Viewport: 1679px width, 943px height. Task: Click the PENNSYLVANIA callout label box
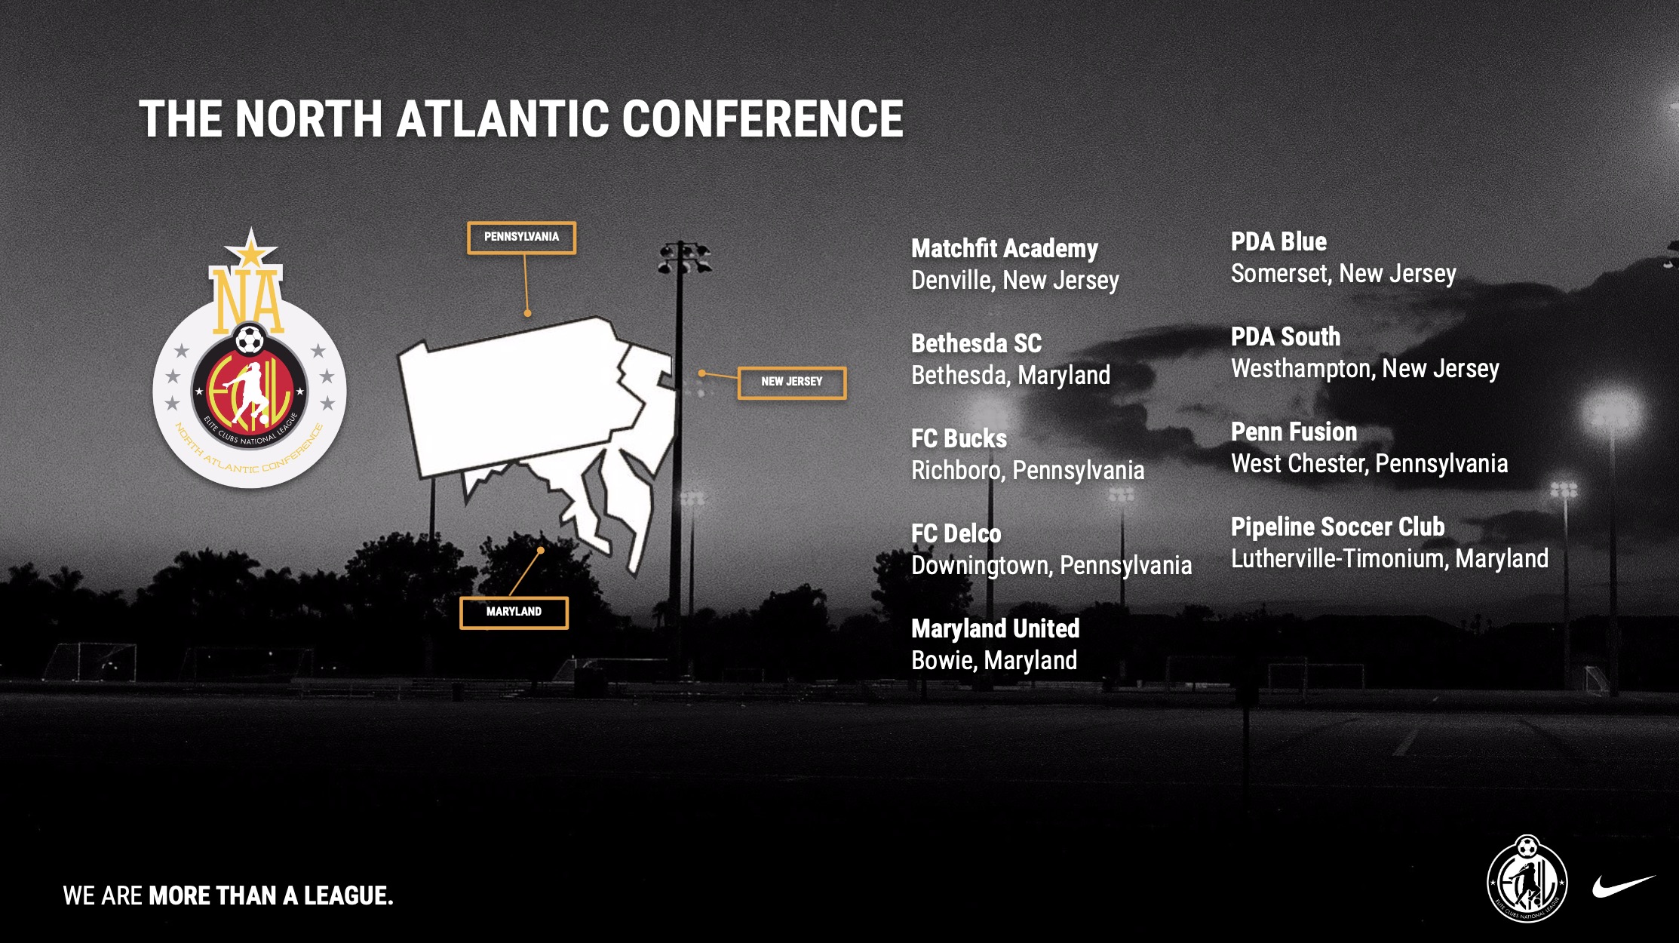(521, 238)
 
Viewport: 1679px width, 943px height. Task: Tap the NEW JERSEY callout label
(791, 382)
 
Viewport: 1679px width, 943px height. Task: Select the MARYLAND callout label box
(514, 613)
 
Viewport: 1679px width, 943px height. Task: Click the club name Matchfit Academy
(1004, 249)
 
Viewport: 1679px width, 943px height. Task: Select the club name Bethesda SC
(976, 344)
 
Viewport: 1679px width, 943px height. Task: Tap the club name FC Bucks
(959, 439)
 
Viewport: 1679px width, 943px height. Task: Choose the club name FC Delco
(956, 534)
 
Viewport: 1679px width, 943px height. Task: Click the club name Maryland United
(995, 629)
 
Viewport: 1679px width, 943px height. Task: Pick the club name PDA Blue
(1278, 242)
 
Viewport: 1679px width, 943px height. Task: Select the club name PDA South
(1285, 337)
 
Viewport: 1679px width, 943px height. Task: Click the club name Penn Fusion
(1294, 432)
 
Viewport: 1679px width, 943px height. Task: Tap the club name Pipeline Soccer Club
(1337, 527)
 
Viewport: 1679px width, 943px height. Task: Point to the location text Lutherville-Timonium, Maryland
(1389, 559)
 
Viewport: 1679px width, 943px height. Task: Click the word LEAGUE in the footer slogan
(348, 895)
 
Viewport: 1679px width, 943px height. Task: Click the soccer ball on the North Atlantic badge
(249, 340)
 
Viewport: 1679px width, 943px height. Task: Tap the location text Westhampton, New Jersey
(1365, 369)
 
